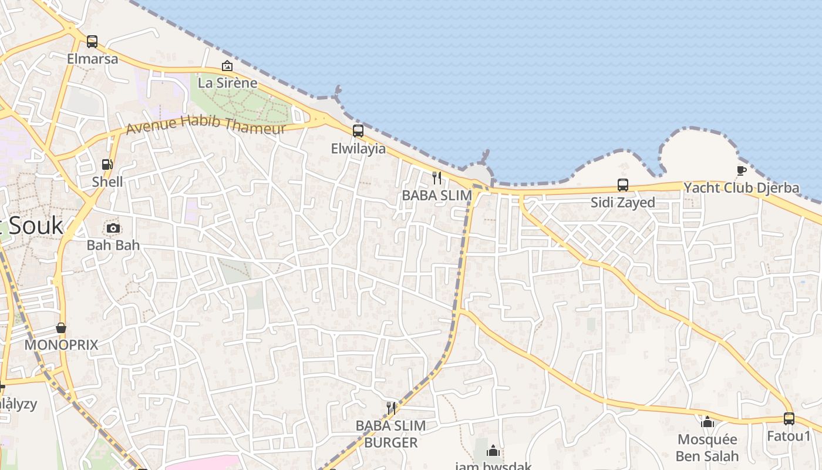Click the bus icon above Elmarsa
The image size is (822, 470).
click(92, 42)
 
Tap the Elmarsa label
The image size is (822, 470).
click(92, 59)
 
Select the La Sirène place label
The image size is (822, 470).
click(228, 83)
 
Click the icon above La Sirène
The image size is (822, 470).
click(227, 66)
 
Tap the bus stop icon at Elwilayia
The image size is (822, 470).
click(358, 131)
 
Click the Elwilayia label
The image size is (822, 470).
click(358, 149)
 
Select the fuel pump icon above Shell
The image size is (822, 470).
click(107, 164)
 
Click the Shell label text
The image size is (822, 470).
click(107, 182)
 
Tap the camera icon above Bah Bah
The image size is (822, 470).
click(113, 228)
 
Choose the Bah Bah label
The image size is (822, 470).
click(113, 244)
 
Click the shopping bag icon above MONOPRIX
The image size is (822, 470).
click(61, 328)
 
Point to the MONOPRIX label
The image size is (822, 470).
click(61, 345)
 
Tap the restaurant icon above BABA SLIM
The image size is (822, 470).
click(437, 177)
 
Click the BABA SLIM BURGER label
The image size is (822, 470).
click(390, 434)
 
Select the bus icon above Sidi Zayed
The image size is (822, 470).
click(623, 185)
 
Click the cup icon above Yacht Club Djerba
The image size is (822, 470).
click(741, 170)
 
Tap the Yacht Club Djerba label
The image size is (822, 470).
click(741, 188)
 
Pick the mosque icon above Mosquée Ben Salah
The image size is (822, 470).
click(708, 422)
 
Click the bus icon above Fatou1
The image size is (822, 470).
click(789, 419)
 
